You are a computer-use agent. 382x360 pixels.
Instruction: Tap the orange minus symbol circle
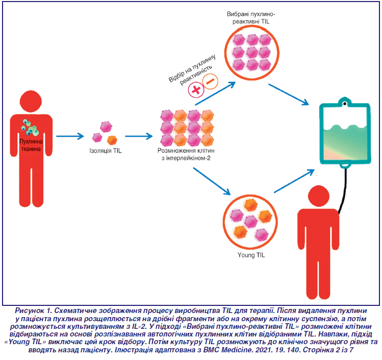click(x=210, y=80)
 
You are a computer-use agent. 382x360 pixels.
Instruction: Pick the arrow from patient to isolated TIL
click(x=70, y=136)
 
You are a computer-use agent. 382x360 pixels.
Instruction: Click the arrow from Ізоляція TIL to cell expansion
click(x=139, y=136)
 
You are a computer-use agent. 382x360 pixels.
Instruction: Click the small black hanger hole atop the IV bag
click(x=345, y=104)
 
